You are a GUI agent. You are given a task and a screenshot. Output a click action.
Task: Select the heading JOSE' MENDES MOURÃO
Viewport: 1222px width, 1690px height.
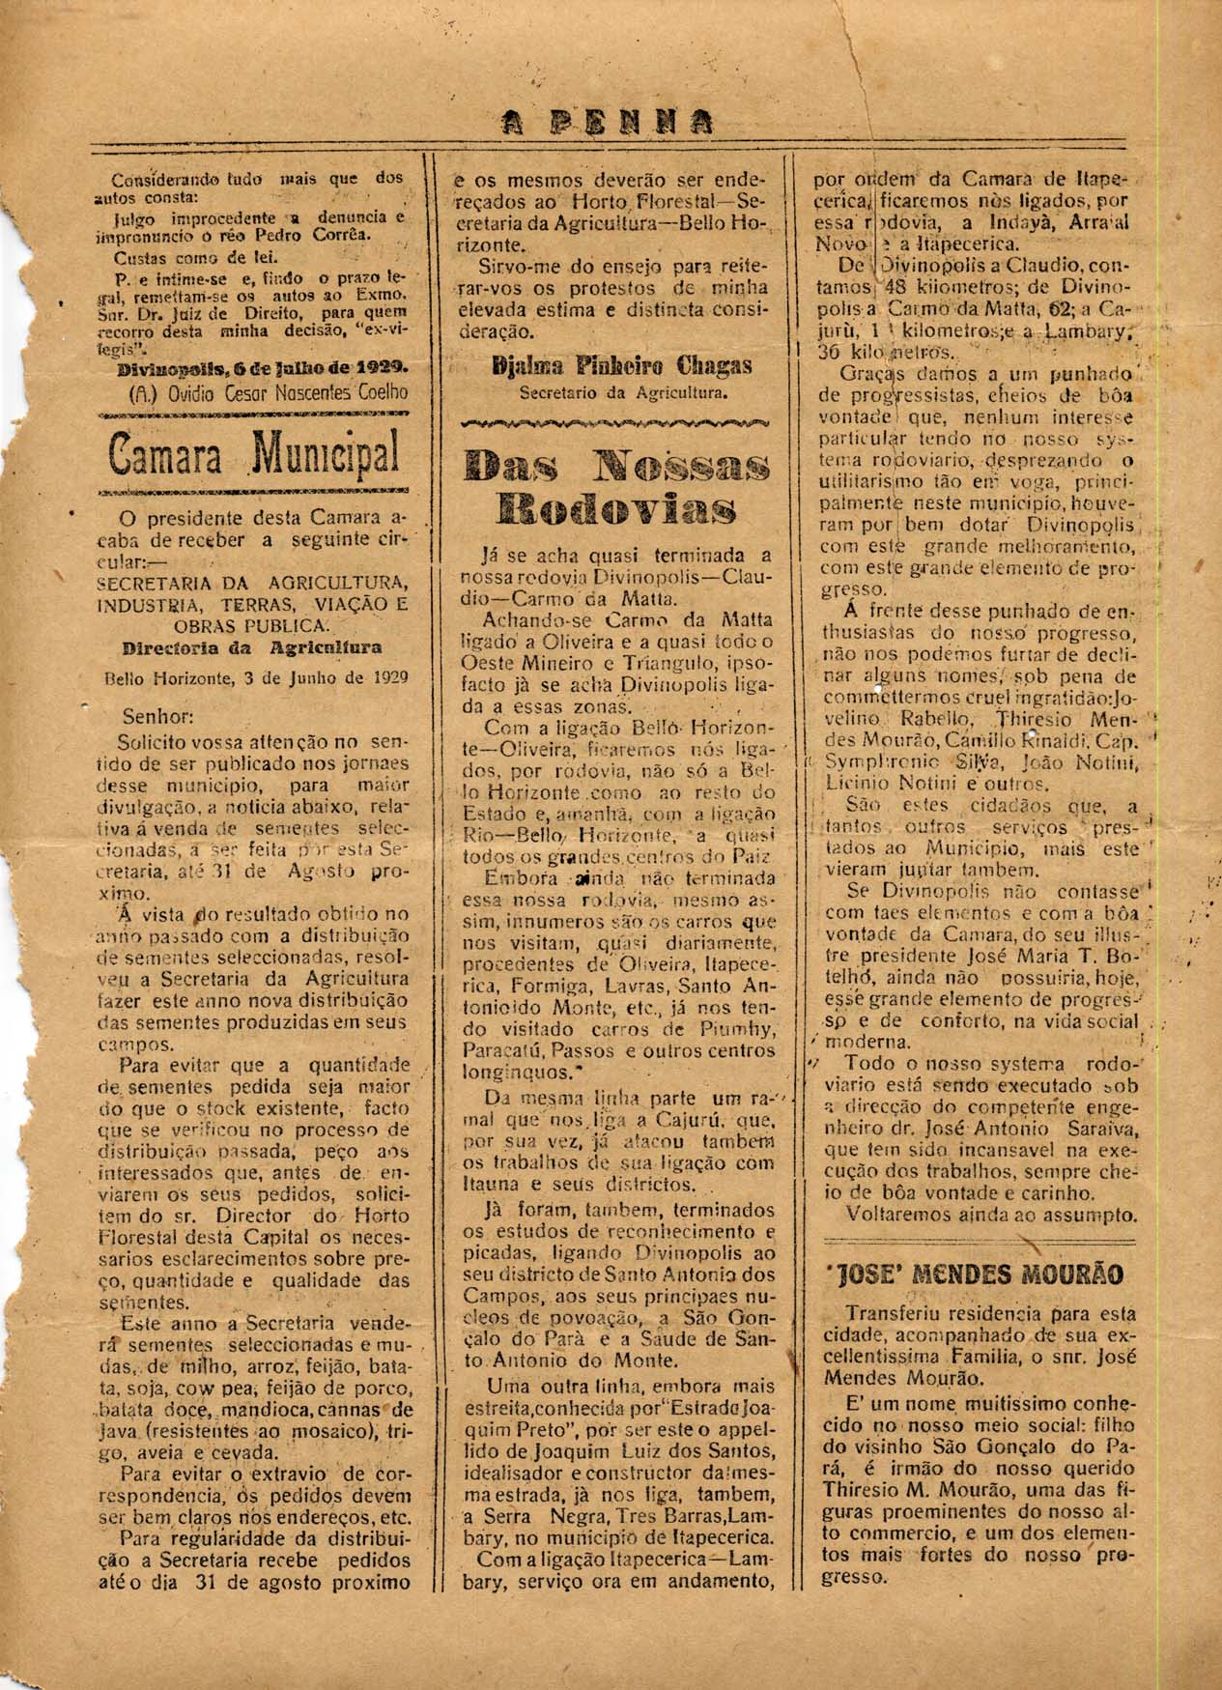coord(975,1274)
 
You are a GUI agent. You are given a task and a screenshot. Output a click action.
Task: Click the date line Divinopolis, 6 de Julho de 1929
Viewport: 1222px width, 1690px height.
coord(261,369)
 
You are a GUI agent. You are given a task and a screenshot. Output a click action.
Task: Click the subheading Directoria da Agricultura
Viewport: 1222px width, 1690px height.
coord(252,646)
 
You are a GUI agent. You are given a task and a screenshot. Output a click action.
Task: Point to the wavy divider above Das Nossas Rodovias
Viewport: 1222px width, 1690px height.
coord(616,422)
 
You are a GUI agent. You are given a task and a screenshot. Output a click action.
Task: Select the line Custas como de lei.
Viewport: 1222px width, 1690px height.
coord(182,258)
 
